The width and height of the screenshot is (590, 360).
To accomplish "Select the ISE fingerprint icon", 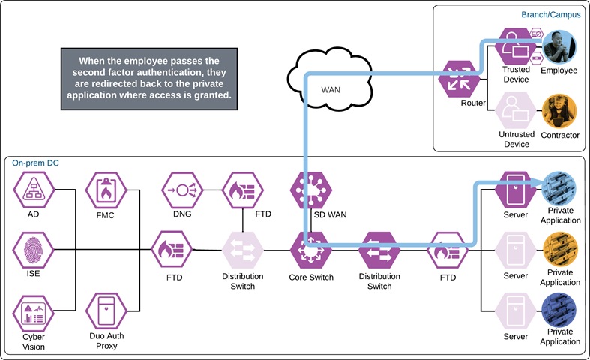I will click(x=33, y=249).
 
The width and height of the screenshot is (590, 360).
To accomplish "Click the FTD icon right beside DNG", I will click(x=241, y=190).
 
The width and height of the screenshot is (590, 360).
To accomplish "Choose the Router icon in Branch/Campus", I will click(x=458, y=79).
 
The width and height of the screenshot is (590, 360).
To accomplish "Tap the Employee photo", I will click(x=559, y=47).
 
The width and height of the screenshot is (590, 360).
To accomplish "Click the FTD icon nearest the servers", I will click(x=447, y=250).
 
